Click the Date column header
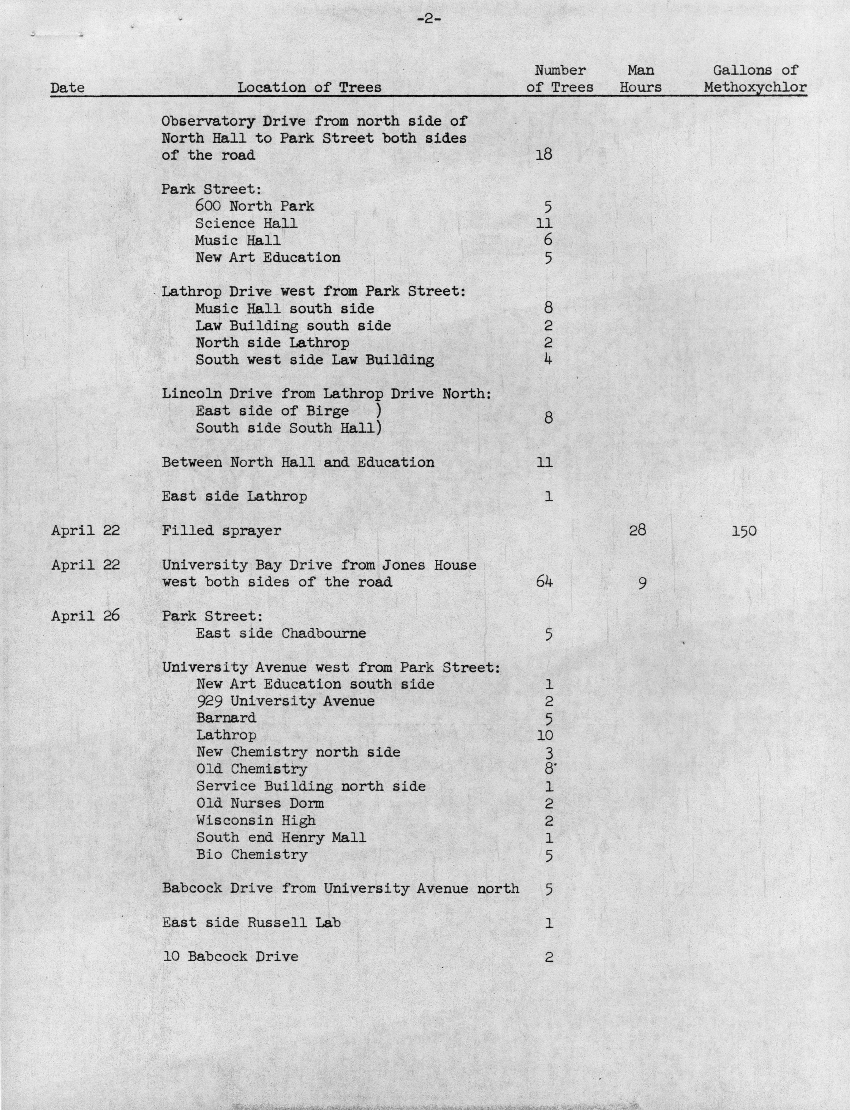pyautogui.click(x=67, y=87)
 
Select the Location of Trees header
pyautogui.click(x=309, y=87)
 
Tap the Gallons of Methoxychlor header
pyautogui.click(x=755, y=79)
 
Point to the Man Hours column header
pyautogui.click(x=640, y=79)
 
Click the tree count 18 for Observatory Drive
pyautogui.click(x=544, y=154)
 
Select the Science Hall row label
pyautogui.click(x=246, y=223)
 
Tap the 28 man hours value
pyautogui.click(x=637, y=530)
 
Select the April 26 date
pyautogui.click(x=85, y=616)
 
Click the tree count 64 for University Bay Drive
pyautogui.click(x=544, y=582)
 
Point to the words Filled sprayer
pyautogui.click(x=221, y=530)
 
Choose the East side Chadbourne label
pyautogui.click(x=281, y=633)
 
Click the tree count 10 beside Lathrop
pyautogui.click(x=545, y=735)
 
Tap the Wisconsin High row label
pyautogui.click(x=255, y=820)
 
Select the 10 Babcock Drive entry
pyautogui.click(x=230, y=956)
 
